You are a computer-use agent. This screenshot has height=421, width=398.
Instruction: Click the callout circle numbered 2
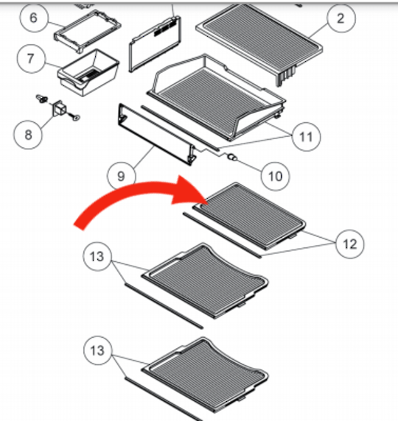coord(341,18)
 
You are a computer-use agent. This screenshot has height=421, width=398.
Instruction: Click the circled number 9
coord(121,175)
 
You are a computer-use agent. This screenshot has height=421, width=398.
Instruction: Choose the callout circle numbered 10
coord(274,175)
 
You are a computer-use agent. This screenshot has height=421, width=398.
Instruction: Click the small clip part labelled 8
coord(57,110)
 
